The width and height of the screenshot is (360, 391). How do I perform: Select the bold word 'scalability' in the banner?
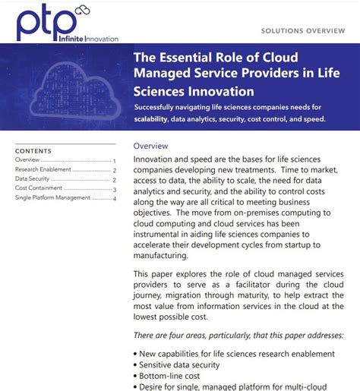coord(158,120)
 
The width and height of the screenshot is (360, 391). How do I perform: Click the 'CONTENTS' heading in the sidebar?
coord(33,151)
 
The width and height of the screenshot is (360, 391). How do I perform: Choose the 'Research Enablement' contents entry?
coord(43,170)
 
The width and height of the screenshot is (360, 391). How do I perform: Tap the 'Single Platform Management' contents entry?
coord(52,198)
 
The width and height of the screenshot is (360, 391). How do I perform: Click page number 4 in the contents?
coord(115,199)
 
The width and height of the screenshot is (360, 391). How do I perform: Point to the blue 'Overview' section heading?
coord(150,146)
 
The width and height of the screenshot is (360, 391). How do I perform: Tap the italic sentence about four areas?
coord(236,336)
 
